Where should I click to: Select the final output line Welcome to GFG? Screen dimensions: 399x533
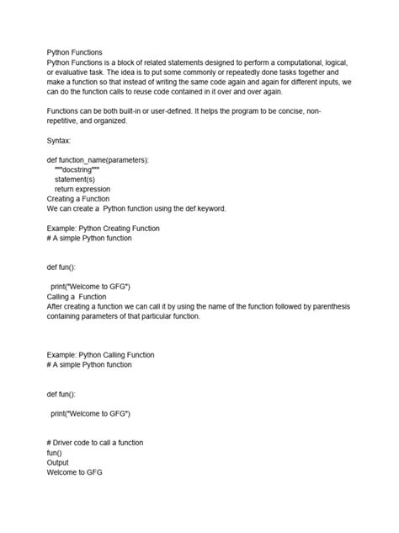74,473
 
